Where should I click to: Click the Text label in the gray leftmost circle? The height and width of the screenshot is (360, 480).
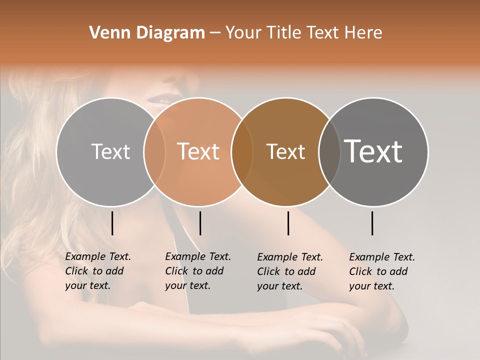110,151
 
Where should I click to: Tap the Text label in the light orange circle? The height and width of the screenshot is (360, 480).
198,151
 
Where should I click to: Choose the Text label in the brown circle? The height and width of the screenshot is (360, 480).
285,151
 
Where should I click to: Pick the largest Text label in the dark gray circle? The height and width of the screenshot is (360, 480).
373,151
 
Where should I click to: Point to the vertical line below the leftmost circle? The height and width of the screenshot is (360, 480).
112,223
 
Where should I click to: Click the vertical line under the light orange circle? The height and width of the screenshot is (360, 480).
200,223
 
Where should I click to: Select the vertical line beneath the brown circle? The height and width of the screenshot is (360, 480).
288,223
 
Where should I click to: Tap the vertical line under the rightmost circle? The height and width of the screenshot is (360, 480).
372,223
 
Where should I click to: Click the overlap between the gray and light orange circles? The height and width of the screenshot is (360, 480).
154,151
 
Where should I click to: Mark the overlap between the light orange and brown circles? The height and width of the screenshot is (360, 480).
242,151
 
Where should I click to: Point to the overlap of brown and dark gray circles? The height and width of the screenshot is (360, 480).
329,151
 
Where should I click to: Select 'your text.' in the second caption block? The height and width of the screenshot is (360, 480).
187,285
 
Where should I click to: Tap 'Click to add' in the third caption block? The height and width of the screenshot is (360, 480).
286,271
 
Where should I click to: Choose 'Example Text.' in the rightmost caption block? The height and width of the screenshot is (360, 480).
382,257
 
